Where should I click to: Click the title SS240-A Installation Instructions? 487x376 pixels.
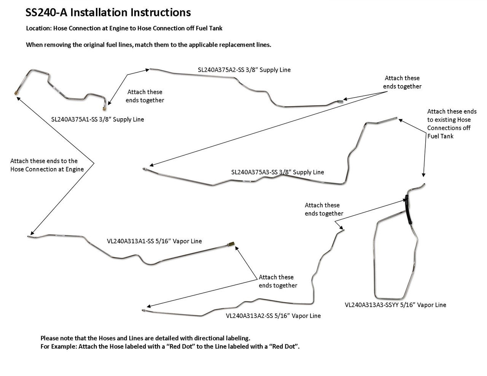(108, 13)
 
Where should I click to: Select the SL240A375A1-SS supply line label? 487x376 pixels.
(97, 119)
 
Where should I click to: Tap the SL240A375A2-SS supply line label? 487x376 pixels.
(244, 70)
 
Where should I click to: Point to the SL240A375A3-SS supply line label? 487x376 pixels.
(277, 172)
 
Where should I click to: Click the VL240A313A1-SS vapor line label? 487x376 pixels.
(154, 241)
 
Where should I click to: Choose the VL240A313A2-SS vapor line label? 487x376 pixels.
(273, 316)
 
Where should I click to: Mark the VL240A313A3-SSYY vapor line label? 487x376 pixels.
(395, 305)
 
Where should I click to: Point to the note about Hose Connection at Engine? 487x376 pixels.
(47, 165)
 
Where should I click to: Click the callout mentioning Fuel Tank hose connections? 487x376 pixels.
(452, 124)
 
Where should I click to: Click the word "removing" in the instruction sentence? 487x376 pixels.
(57, 44)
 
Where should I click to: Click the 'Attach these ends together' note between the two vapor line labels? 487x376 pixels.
(278, 281)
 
